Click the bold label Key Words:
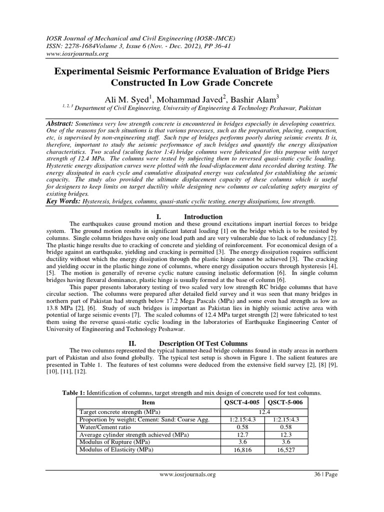pyautogui.click(x=63, y=201)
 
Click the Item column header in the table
pyautogui.click(x=148, y=402)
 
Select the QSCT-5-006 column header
pyautogui.click(x=286, y=402)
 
